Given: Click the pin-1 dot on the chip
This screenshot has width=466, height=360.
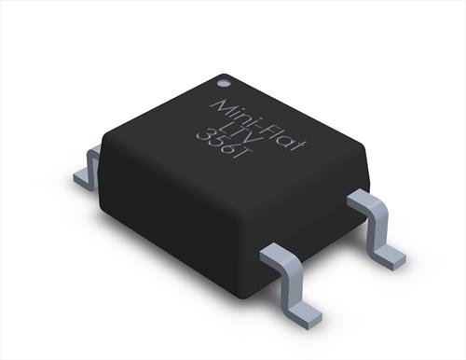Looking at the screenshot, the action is coord(224,83).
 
